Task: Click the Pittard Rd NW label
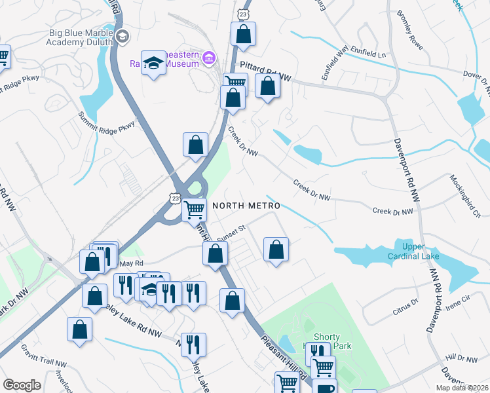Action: tap(265, 68)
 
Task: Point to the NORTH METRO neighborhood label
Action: tap(246, 206)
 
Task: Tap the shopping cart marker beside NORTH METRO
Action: tap(195, 210)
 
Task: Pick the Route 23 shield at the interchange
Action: tap(174, 197)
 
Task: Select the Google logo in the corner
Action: tap(22, 385)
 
